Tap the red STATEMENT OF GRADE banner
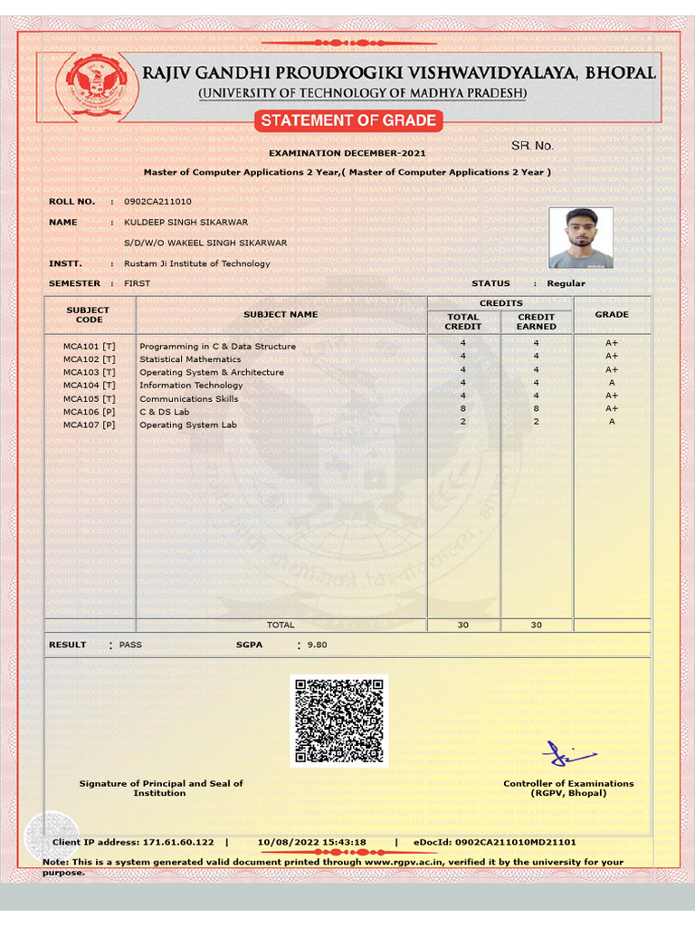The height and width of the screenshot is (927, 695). click(348, 120)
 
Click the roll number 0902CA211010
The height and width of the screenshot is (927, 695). click(157, 201)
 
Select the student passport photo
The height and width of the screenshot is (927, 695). click(580, 238)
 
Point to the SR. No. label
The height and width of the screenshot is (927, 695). click(532, 146)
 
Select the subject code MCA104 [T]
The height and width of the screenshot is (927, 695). click(90, 386)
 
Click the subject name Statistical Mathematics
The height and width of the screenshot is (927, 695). click(190, 359)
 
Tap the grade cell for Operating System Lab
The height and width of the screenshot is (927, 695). click(612, 421)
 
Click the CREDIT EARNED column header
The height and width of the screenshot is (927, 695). click(536, 321)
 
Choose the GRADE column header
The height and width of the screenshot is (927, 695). click(612, 314)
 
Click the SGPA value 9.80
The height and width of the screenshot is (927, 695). click(317, 645)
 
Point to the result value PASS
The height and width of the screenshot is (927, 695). click(130, 645)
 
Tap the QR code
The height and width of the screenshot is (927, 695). click(338, 721)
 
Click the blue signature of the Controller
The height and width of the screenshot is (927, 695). click(566, 753)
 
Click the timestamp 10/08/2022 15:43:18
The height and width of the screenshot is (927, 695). click(311, 842)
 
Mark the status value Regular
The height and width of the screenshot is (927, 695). click(566, 283)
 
